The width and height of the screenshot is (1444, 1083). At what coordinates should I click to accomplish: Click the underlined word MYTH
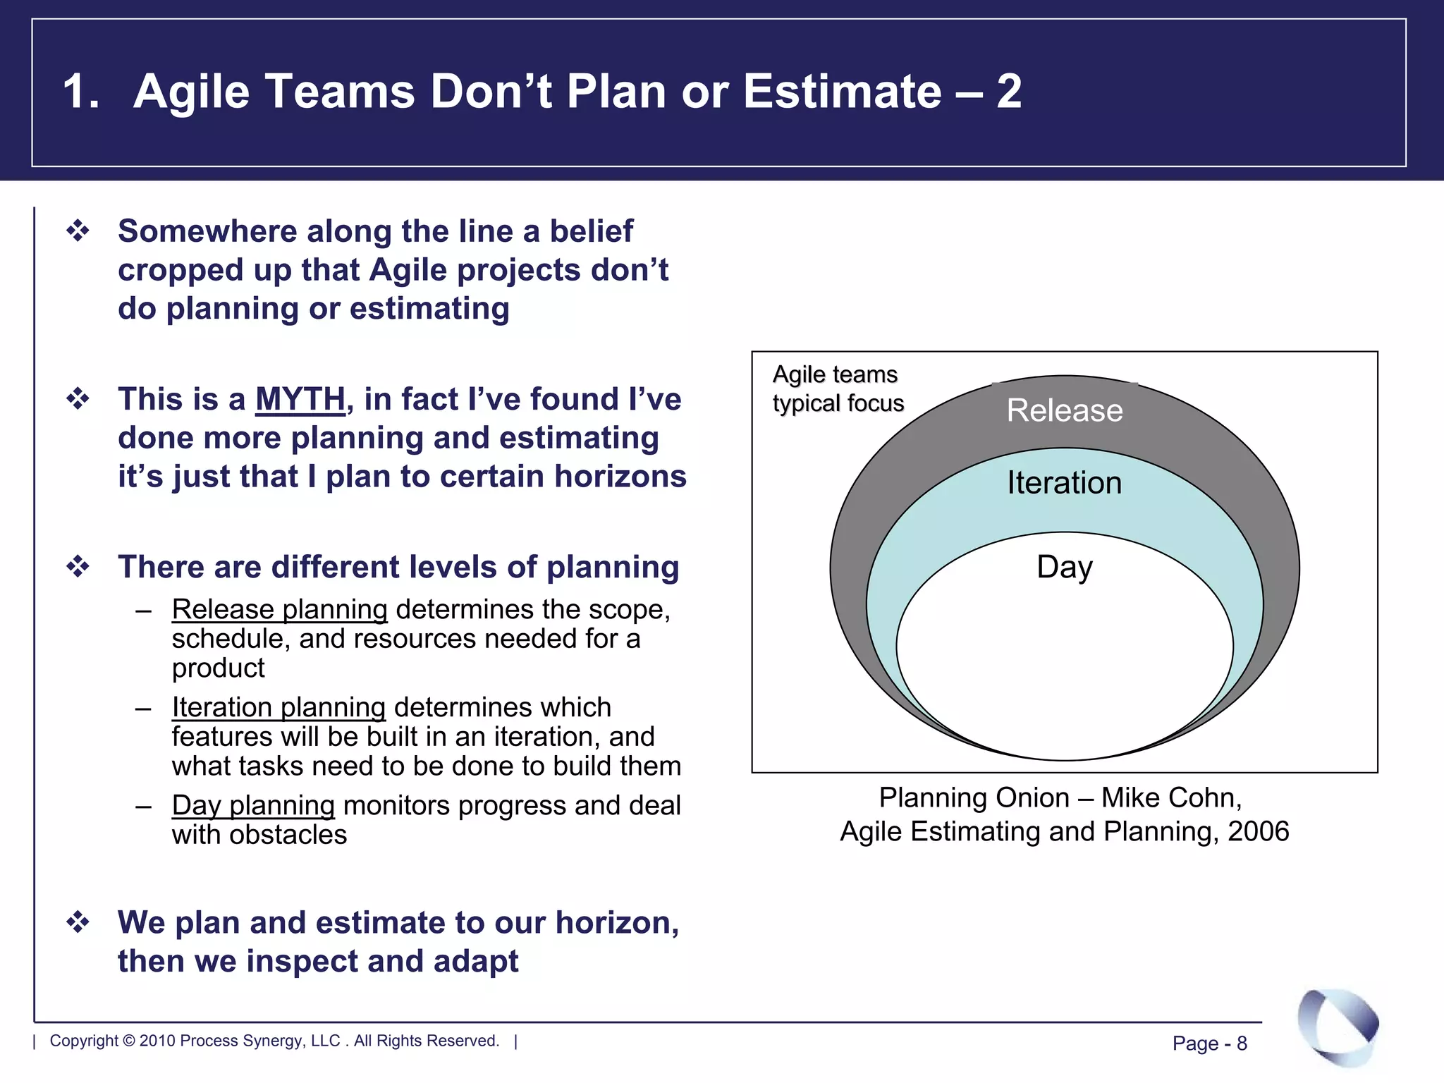click(300, 399)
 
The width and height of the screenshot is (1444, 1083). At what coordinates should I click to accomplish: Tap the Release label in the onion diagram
click(1064, 410)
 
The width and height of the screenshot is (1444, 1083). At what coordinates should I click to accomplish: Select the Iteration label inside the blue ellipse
click(1064, 483)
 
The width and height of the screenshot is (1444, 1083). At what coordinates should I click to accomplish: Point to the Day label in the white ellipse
click(1064, 567)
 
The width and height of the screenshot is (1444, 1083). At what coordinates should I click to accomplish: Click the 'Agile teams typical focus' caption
click(837, 388)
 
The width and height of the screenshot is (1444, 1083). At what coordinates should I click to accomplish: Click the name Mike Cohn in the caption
click(1170, 798)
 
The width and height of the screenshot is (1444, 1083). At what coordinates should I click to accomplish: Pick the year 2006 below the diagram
click(1258, 832)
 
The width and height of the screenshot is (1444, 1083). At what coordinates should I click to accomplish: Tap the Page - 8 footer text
click(1209, 1043)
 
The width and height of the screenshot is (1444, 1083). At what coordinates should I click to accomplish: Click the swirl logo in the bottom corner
click(1338, 1026)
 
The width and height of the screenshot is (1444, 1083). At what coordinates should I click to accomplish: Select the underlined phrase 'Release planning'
click(279, 610)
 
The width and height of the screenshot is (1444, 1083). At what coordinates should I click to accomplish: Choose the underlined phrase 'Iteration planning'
click(279, 708)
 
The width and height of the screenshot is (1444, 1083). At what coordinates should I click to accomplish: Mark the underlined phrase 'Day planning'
click(253, 806)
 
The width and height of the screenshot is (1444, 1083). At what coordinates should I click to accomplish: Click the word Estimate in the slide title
click(842, 92)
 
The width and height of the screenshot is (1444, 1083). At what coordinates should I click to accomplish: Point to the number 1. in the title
click(80, 92)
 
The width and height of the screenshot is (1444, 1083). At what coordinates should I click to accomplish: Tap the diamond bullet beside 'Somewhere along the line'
click(78, 231)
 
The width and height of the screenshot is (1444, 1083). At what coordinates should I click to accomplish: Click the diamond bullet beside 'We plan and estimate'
click(78, 922)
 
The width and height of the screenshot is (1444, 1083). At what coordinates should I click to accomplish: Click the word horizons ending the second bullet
click(620, 477)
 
